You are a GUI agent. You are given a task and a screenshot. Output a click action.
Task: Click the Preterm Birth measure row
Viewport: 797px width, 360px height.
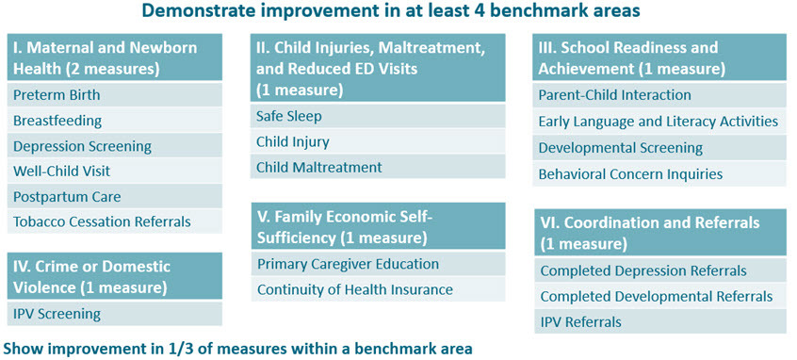coord(114,94)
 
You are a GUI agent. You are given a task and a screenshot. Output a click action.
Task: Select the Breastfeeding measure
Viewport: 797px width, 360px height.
coord(114,121)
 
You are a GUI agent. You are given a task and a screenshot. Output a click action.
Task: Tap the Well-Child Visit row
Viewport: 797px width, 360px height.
coord(114,171)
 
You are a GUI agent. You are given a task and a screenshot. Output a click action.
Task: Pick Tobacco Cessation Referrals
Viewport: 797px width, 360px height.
coord(114,221)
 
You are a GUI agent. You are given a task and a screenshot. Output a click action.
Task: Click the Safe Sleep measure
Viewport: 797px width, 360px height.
coord(378,116)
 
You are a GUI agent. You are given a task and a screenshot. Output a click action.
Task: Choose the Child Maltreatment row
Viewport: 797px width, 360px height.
coord(378,167)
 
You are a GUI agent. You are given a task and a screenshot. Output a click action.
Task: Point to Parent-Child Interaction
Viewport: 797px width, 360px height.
coord(659,95)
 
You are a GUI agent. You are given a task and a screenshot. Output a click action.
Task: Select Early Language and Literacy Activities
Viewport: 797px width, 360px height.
coord(659,122)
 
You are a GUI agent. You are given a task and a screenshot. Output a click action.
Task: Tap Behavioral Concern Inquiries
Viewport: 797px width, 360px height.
coord(659,174)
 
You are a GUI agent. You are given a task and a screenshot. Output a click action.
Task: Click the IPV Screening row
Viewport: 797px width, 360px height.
coord(114,314)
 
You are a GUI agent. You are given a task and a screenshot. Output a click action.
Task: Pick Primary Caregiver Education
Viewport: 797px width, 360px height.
coord(378,264)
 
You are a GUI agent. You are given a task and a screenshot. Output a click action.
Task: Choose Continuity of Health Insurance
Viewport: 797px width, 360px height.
coord(378,289)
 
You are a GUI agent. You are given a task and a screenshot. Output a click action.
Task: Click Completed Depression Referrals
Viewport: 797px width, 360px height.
coord(660,270)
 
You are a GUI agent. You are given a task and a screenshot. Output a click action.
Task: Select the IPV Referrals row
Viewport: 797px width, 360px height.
coord(660,322)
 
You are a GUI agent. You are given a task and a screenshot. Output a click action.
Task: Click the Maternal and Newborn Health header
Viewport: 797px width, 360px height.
coord(114,57)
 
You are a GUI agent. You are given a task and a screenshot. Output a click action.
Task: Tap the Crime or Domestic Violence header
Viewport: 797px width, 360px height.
coord(114,276)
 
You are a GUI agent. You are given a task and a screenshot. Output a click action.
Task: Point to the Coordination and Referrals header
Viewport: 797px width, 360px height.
coord(660,232)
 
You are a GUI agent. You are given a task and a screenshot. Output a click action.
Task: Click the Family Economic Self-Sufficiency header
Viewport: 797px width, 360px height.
coord(378,226)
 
